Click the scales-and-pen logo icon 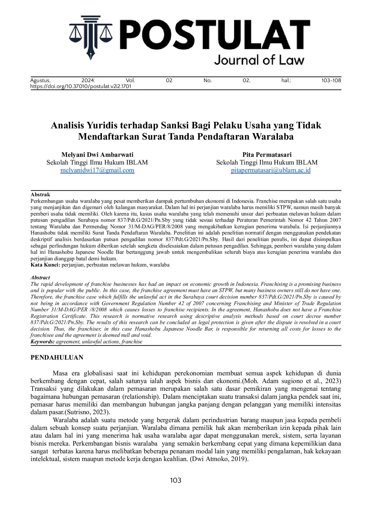pyautogui.click(x=91, y=37)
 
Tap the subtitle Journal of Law pyautogui.click(x=259, y=60)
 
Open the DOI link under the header pyautogui.click(x=81, y=87)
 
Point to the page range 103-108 pyautogui.click(x=331, y=80)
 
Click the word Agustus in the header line pyautogui.click(x=40, y=80)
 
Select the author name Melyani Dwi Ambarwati pyautogui.click(x=97, y=155)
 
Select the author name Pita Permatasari pyautogui.click(x=267, y=155)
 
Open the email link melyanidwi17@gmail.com pyautogui.click(x=97, y=170)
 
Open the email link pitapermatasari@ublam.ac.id pyautogui.click(x=271, y=170)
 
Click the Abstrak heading pyautogui.click(x=40, y=195)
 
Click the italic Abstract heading pyautogui.click(x=40, y=278)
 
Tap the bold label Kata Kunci pyautogui.click(x=45, y=265)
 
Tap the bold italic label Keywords pyautogui.click(x=42, y=342)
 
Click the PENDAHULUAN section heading pyautogui.click(x=57, y=358)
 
